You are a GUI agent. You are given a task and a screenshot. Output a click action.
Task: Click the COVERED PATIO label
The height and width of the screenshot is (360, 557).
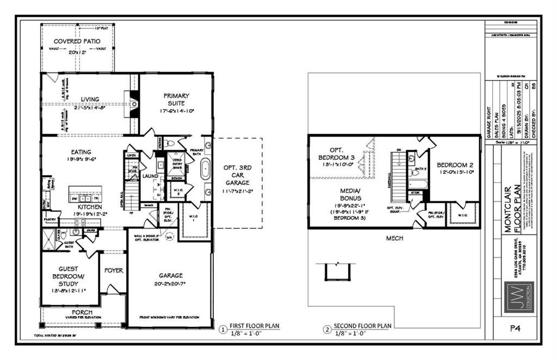point(76,41)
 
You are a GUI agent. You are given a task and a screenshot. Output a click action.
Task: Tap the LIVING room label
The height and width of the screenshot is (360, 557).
point(90,99)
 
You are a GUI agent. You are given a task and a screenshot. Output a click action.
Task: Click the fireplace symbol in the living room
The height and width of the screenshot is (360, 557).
point(133,102)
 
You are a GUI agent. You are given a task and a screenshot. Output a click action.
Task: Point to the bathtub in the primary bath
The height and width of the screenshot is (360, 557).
point(206,170)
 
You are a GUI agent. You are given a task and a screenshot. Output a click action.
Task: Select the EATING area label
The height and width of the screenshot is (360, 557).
point(81,152)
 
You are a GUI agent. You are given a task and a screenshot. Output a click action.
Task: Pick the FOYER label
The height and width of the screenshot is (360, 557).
point(114,270)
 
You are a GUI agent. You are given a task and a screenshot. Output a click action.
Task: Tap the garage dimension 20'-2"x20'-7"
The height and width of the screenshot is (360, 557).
point(170,283)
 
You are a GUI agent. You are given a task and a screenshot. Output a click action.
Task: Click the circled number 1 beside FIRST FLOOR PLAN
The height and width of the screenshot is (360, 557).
point(222,330)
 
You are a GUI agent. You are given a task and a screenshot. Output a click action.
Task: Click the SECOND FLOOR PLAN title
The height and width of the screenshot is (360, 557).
point(362,326)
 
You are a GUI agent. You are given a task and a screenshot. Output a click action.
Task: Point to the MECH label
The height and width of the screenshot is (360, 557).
point(394,238)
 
